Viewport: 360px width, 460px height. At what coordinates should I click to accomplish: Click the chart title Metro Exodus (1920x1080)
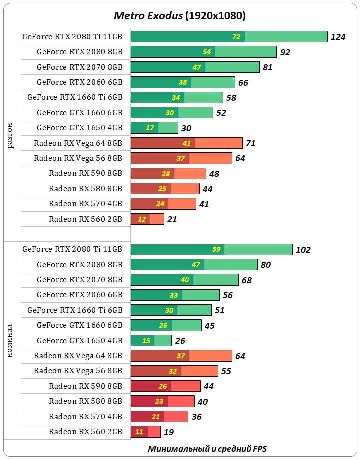point(180,16)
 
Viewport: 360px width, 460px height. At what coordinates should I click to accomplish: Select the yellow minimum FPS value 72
point(236,37)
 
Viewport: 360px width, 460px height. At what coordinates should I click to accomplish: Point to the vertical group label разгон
point(11,135)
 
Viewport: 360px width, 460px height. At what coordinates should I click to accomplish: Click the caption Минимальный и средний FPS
point(210,448)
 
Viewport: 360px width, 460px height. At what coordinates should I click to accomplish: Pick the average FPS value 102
point(303,250)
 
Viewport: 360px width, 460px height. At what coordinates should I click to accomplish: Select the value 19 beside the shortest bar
point(169,432)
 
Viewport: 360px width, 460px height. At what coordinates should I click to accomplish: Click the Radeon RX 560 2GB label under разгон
point(85,219)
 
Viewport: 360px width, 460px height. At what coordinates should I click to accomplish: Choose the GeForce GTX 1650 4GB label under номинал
point(79,341)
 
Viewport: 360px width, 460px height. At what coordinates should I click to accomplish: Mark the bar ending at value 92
point(203,52)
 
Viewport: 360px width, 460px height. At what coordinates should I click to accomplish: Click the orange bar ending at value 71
point(186,143)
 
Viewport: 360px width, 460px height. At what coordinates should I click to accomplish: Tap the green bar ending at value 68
point(184,280)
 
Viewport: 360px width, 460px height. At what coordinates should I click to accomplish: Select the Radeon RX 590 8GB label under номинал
point(85,386)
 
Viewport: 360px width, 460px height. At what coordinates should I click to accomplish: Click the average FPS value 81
point(267,67)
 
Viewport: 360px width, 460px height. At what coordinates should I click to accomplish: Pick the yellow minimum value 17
point(150,128)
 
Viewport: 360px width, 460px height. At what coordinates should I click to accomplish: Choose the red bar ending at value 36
point(159,417)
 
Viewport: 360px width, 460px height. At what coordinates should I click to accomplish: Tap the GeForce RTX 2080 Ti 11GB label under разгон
point(72,37)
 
